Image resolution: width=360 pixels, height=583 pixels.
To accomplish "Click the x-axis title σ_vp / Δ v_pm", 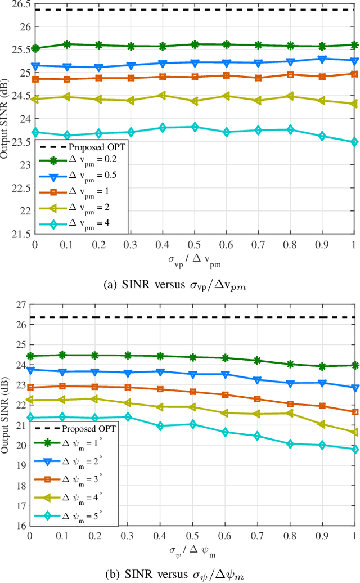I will click(x=193, y=258).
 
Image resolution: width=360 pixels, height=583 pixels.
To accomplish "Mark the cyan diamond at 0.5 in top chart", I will click(x=194, y=127).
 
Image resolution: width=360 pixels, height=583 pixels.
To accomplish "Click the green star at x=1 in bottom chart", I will click(x=354, y=365).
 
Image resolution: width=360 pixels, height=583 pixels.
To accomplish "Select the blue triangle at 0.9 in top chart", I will click(x=322, y=59).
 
